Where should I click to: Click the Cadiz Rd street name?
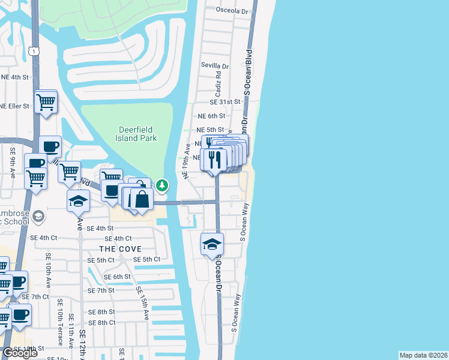(x=219, y=85)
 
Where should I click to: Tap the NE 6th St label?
(x=211, y=116)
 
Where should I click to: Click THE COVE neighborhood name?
(x=120, y=249)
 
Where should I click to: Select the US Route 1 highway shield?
(x=34, y=52)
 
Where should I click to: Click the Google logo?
(x=20, y=353)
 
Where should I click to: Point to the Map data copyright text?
(x=423, y=355)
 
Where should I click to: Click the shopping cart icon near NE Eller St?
(x=46, y=103)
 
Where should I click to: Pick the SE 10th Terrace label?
(x=60, y=329)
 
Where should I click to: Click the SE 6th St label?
(x=117, y=277)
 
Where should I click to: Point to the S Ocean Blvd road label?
(x=247, y=71)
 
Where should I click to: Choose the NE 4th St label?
(x=15, y=77)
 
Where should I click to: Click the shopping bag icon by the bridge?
(x=141, y=200)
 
